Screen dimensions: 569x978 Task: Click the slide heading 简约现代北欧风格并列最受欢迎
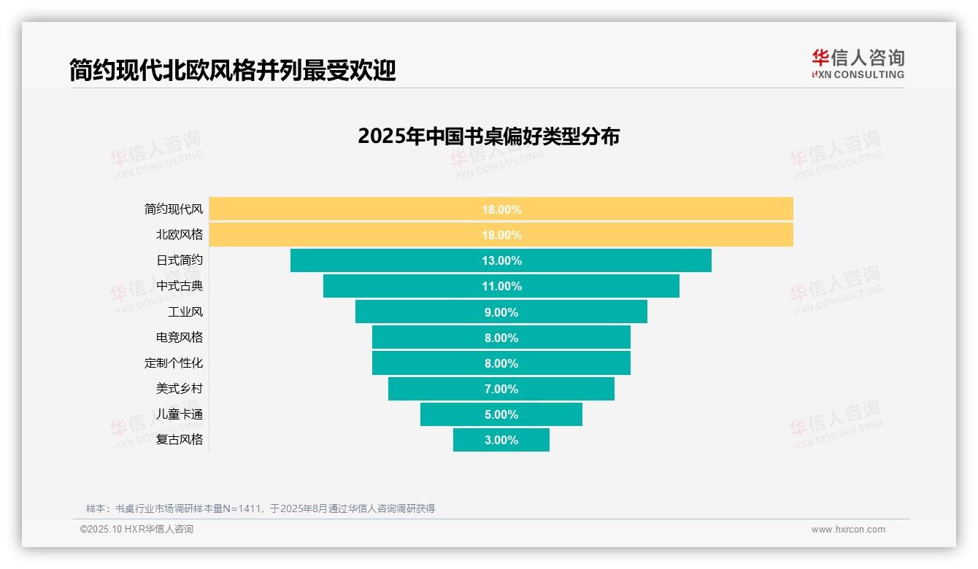(232, 71)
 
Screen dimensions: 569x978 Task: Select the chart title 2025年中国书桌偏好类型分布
(488, 136)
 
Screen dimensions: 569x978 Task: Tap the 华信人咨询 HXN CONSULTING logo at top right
(858, 64)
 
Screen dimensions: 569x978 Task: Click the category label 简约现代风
(174, 209)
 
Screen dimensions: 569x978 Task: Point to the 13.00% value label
(501, 260)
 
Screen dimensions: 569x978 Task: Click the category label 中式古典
(180, 286)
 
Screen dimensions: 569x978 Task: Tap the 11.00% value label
(501, 286)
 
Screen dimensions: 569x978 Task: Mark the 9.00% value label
(501, 312)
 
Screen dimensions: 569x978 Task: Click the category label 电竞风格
(180, 337)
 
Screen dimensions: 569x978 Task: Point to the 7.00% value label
(501, 389)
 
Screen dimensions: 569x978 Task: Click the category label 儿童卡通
(180, 414)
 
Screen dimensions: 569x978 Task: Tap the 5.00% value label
(501, 414)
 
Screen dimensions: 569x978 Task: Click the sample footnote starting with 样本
(261, 508)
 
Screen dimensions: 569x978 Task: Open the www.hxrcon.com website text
(848, 530)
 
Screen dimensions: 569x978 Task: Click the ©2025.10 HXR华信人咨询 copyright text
(136, 530)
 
